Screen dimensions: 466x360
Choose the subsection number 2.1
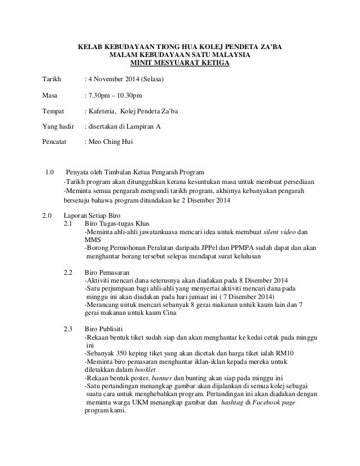coord(68,224)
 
